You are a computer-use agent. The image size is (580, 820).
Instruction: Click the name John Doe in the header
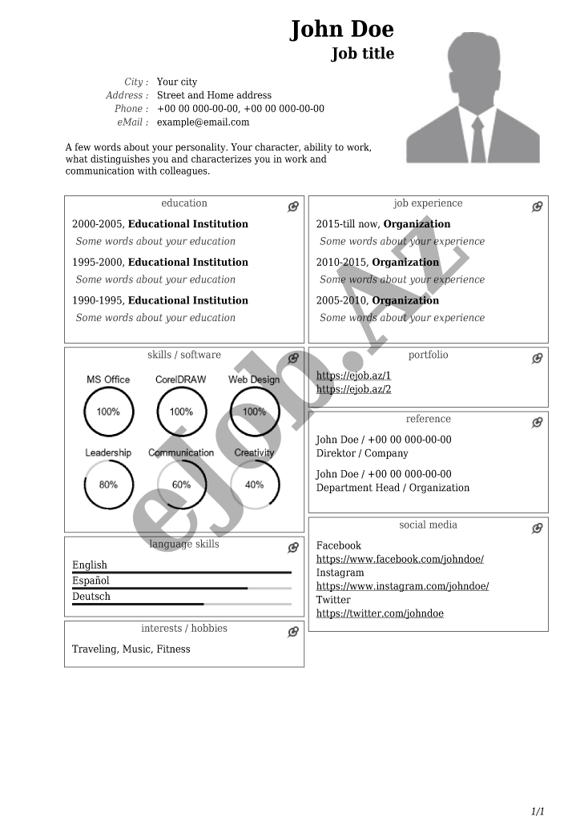click(342, 30)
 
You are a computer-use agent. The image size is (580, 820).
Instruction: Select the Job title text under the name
click(363, 54)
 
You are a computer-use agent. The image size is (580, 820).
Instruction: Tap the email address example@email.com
click(203, 123)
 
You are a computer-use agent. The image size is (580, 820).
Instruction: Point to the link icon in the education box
click(293, 207)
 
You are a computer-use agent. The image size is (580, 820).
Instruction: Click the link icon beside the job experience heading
click(538, 207)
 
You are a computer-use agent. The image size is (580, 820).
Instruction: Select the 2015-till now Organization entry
click(383, 224)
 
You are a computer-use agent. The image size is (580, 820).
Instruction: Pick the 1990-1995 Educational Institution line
click(160, 301)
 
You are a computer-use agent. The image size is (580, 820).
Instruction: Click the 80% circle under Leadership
click(108, 484)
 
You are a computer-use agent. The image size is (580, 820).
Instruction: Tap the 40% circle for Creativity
click(254, 484)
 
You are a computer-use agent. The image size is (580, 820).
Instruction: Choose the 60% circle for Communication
click(181, 484)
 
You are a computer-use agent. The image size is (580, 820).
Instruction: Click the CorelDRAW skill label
click(180, 380)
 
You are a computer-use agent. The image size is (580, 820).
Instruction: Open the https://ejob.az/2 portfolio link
click(353, 389)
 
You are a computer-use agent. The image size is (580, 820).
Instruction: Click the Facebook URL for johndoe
click(400, 559)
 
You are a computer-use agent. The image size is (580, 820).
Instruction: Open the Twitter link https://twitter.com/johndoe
click(380, 613)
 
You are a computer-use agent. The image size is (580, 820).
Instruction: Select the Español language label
click(91, 581)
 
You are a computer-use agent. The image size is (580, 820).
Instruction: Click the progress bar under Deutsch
click(181, 604)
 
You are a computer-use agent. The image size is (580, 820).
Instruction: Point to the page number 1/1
click(538, 811)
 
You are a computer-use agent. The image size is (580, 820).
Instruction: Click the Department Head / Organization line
click(393, 488)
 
